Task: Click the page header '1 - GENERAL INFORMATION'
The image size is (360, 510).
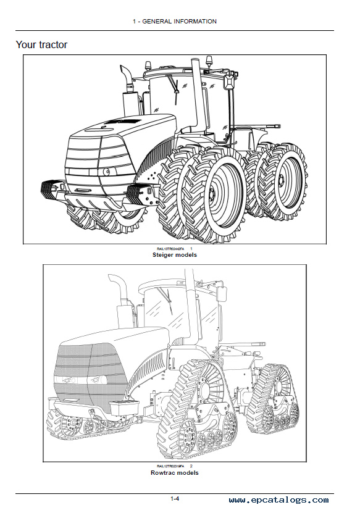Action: pyautogui.click(x=175, y=22)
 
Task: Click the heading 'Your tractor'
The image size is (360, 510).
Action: pyautogui.click(x=41, y=44)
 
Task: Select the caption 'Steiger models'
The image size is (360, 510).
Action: pyautogui.click(x=175, y=255)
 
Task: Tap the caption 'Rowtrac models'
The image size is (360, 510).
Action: pyautogui.click(x=175, y=472)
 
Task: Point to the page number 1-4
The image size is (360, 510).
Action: pyautogui.click(x=176, y=499)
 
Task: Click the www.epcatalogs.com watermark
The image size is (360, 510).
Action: pyautogui.click(x=278, y=500)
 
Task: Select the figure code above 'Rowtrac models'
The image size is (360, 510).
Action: pyautogui.click(x=170, y=466)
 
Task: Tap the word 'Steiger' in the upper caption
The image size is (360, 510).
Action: pyautogui.click(x=163, y=255)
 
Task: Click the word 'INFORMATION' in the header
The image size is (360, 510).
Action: pyautogui.click(x=196, y=22)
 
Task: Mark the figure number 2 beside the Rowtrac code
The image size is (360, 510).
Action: pyautogui.click(x=191, y=466)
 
